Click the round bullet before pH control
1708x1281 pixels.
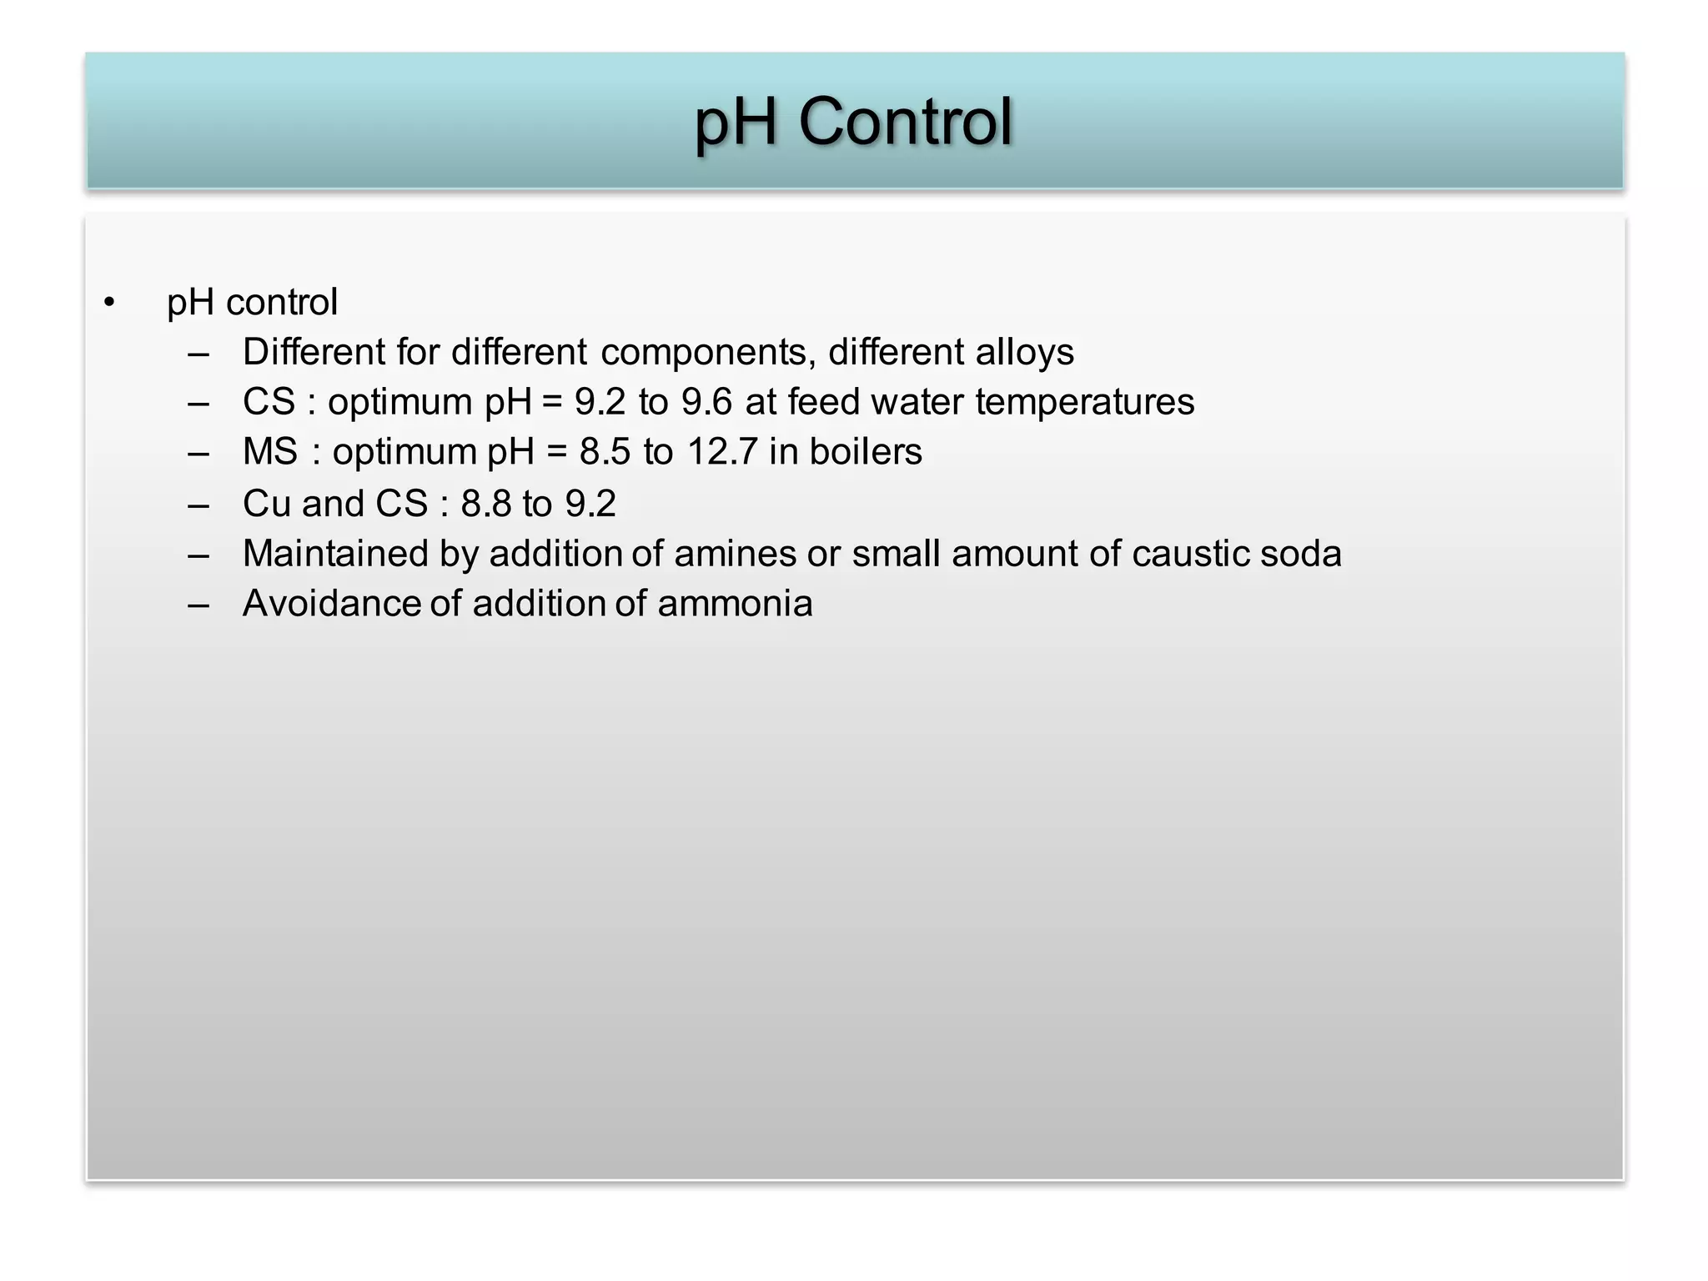[x=109, y=302]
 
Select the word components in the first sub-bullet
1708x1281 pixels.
[x=708, y=353]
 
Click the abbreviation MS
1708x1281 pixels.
[x=269, y=452]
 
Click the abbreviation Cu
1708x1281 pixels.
[x=267, y=504]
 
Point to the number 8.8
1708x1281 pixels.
[x=485, y=504]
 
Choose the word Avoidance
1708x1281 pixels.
[x=330, y=604]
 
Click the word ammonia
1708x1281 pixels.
[x=735, y=604]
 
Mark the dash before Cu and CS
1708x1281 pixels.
[x=198, y=505]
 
